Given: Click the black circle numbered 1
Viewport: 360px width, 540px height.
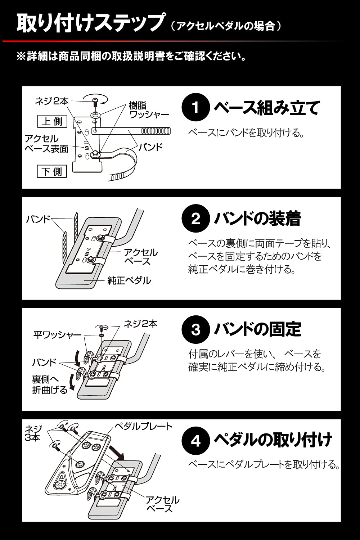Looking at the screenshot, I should (195, 107).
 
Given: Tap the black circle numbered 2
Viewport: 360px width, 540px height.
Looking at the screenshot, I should (195, 218).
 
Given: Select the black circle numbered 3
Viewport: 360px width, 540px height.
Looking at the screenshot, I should (195, 329).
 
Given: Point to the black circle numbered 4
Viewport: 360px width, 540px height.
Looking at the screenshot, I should (195, 441).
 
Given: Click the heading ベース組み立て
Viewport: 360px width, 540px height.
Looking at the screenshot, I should (267, 107).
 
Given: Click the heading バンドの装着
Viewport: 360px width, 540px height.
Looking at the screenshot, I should (257, 219).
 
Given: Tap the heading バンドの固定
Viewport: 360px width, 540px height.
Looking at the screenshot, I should (257, 329).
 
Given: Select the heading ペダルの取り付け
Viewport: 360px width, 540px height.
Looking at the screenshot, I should (273, 440).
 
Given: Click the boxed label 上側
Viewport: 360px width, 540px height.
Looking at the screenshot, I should (53, 122).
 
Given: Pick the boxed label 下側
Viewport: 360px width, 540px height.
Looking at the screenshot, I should (53, 171).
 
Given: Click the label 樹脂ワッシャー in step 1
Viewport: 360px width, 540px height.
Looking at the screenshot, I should (149, 110).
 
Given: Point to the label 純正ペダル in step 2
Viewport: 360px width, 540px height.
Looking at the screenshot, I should (129, 281).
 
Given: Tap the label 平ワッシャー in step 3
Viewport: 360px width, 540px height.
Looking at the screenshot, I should (57, 335).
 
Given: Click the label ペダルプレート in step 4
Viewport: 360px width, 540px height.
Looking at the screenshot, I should (143, 427).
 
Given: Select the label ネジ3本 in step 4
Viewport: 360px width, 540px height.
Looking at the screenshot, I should (33, 433).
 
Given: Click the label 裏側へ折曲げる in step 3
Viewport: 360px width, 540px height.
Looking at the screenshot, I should (50, 384).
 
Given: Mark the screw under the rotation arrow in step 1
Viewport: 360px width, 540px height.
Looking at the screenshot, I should (95, 102).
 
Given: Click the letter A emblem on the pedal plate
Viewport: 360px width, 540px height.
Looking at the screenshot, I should (62, 477).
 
